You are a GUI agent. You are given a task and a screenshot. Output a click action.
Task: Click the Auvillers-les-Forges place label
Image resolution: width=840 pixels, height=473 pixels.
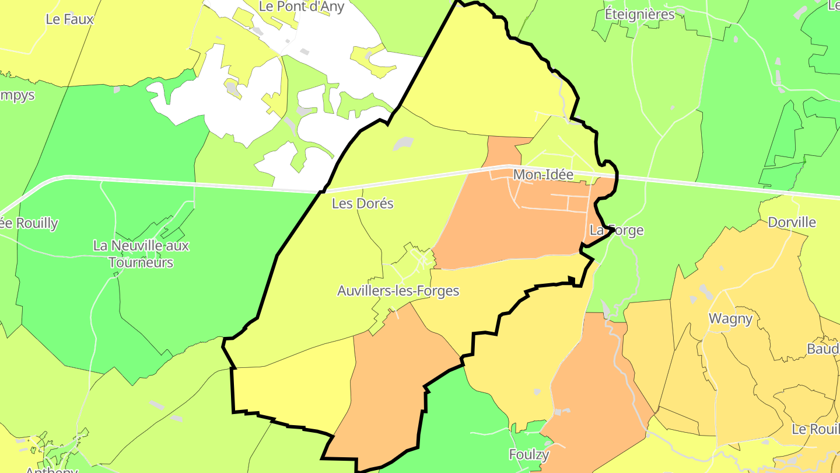coord(398,291)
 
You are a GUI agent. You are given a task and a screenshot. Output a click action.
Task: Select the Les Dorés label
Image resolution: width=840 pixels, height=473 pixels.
coord(362,204)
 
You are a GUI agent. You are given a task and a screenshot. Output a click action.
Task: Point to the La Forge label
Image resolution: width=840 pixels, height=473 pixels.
coord(616,230)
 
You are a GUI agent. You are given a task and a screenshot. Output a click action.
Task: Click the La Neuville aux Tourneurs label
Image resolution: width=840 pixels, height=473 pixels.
coord(141,254)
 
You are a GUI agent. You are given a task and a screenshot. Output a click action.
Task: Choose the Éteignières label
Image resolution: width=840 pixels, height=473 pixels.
coord(639,14)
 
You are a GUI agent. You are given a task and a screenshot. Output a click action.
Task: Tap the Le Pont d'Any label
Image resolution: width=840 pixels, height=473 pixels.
coord(302,7)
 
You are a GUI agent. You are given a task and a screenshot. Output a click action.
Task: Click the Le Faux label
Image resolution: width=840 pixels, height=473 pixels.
coord(69,19)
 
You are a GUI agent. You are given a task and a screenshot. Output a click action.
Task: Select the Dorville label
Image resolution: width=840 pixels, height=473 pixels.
coord(792,222)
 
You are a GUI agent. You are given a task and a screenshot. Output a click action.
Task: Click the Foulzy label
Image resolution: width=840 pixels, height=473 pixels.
coord(529,454)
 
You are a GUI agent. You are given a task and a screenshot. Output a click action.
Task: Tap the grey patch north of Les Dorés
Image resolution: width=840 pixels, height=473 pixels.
coord(403,143)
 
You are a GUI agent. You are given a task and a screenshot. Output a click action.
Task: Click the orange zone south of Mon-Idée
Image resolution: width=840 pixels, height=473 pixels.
coord(513,228)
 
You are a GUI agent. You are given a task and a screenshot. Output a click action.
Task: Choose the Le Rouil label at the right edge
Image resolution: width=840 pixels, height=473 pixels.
coord(815,429)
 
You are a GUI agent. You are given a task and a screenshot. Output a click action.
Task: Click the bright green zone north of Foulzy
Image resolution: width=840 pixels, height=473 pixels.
coord(461,409)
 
